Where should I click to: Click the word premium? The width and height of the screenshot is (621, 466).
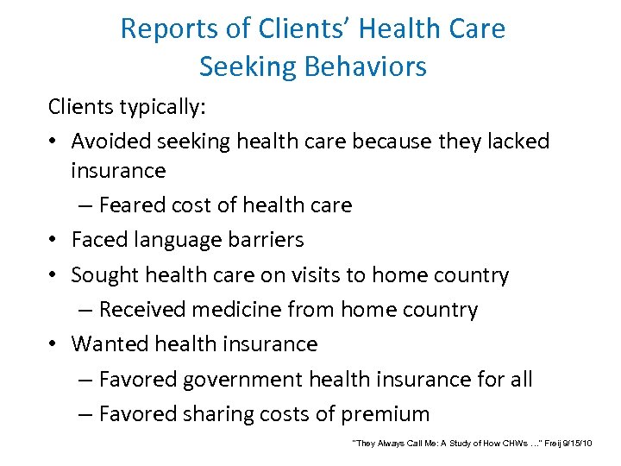[385, 413]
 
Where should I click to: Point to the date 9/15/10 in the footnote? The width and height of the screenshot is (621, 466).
[578, 443]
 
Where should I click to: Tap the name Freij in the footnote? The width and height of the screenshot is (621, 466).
[551, 443]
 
